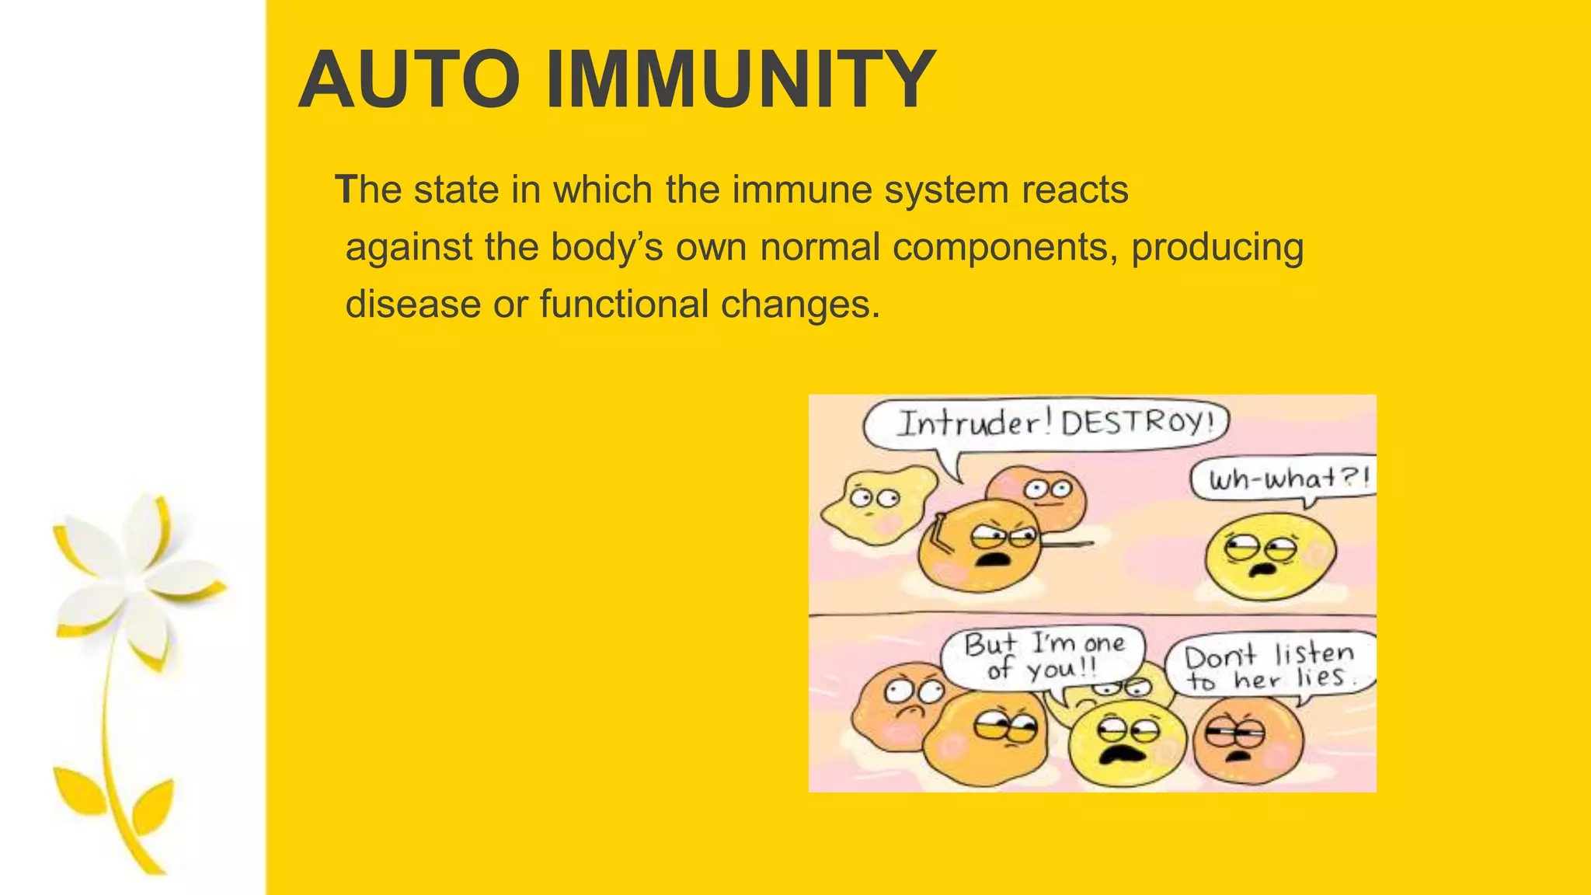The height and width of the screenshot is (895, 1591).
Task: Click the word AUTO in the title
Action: pyautogui.click(x=409, y=80)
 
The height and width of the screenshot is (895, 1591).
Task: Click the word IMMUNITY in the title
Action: pyautogui.click(x=740, y=80)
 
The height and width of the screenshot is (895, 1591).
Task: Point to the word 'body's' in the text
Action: pyautogui.click(x=607, y=247)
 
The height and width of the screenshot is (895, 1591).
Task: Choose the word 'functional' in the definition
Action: pyautogui.click(x=625, y=304)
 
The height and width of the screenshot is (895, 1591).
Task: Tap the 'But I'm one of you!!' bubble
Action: pyautogui.click(x=1043, y=656)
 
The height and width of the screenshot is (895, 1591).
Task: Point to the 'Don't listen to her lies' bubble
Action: pyautogui.click(x=1270, y=667)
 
